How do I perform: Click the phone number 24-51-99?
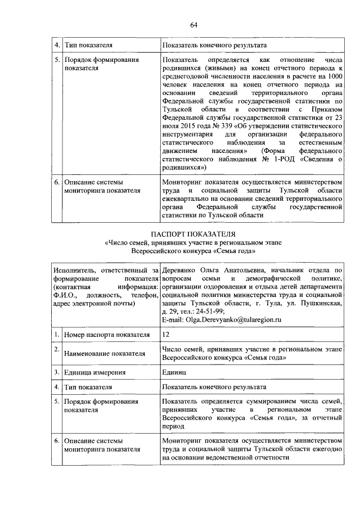point(209,310)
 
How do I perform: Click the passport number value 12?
point(165,335)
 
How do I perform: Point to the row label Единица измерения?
point(95,372)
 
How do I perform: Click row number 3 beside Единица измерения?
point(57,372)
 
